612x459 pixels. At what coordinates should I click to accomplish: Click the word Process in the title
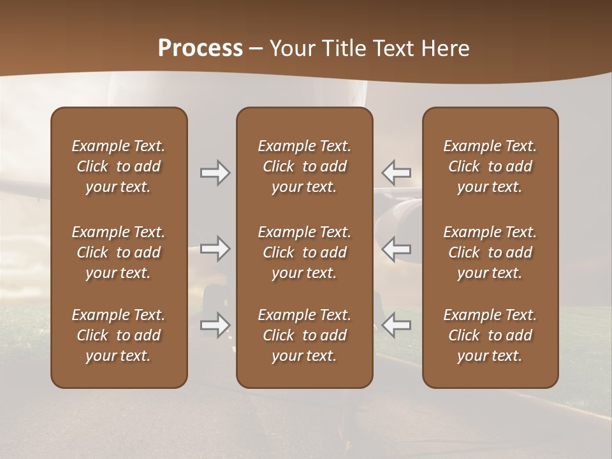[x=200, y=48]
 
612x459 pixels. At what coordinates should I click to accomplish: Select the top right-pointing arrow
[x=215, y=173]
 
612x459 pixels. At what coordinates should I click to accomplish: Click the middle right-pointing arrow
[x=215, y=249]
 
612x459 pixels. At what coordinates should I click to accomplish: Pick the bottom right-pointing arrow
[x=215, y=325]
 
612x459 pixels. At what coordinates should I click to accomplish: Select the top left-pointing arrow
[x=397, y=173]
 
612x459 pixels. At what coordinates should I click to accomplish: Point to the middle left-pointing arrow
[x=397, y=249]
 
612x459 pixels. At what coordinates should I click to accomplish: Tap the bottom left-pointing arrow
[x=397, y=325]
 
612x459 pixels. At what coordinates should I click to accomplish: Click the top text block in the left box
[x=119, y=166]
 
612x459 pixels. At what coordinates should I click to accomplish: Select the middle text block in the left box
[x=119, y=252]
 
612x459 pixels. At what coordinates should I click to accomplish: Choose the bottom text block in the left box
[x=119, y=335]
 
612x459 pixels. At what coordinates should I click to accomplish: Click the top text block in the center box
[x=304, y=166]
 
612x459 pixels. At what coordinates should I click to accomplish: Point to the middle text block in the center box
[x=304, y=252]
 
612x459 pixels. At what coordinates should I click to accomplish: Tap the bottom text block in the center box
[x=304, y=335]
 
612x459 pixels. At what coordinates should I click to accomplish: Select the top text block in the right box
[x=490, y=166]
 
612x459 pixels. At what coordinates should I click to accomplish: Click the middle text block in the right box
[x=490, y=252]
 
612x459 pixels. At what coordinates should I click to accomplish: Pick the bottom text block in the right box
[x=490, y=335]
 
